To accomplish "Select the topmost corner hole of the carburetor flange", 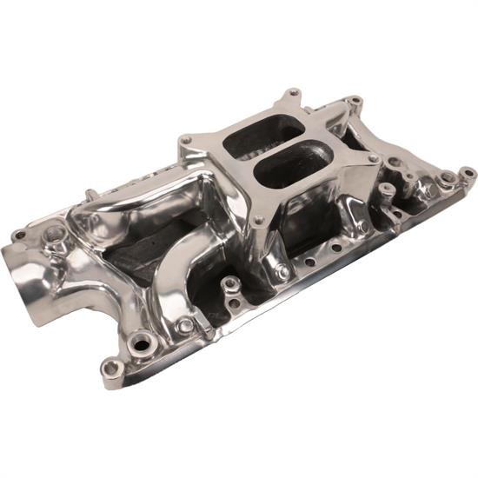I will coord(293,91).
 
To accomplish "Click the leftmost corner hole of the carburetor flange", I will coord(186,139).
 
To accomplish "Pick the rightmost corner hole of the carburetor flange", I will coord(373,159).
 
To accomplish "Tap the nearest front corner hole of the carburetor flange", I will coord(258,220).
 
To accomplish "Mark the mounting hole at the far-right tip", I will coord(468,174).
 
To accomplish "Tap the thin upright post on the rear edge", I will coord(90,192).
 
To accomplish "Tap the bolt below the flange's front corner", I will coord(282,272).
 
